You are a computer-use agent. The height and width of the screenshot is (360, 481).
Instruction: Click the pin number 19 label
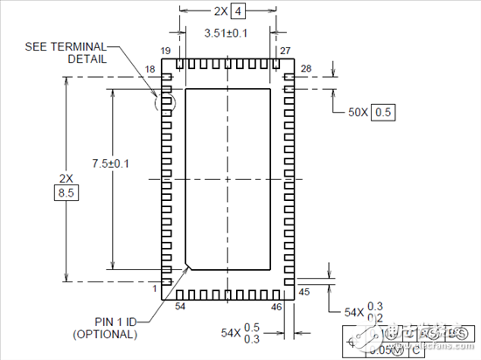coord(164,52)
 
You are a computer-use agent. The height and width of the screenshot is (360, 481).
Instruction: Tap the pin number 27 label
coord(286,52)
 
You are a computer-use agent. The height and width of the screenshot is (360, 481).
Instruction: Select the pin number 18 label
coord(150,68)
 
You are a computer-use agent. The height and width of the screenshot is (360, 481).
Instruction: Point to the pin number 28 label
coord(306,68)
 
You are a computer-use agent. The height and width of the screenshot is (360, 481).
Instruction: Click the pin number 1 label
coord(154,287)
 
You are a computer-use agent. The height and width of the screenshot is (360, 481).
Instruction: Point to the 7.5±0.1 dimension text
coord(111,163)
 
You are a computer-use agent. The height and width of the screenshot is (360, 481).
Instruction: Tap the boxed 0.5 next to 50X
coord(383,112)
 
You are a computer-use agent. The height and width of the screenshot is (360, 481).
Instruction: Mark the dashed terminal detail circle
coord(164,102)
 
